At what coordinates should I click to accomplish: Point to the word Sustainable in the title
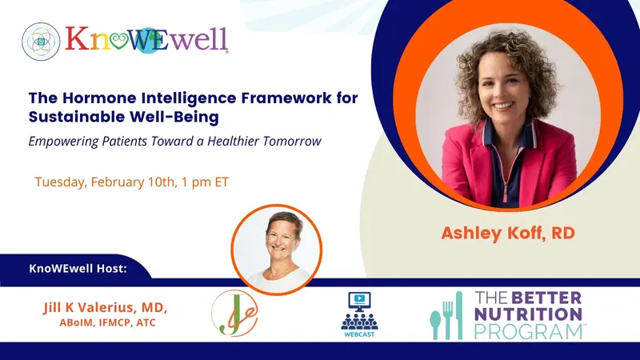tap(73, 118)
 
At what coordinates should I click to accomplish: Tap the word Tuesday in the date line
tap(61, 182)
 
